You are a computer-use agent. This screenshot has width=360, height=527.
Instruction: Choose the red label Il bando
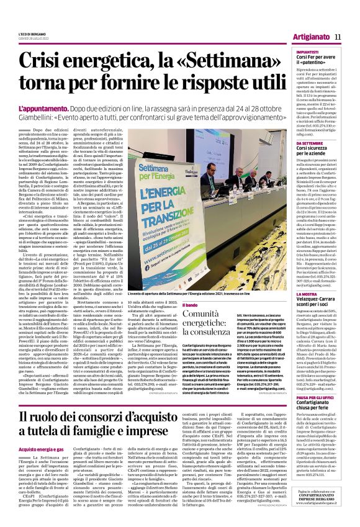pyautogui.click(x=190, y=306)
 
